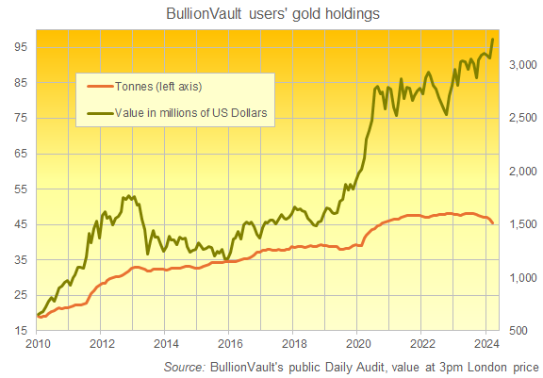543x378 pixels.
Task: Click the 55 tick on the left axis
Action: point(20,189)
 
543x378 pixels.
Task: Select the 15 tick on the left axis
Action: point(20,331)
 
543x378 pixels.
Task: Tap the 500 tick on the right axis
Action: point(525,331)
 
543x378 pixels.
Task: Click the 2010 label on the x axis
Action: point(37,343)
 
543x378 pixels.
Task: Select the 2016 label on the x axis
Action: point(230,343)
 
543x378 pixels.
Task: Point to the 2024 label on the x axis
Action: point(487,343)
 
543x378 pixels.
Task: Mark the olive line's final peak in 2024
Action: point(493,39)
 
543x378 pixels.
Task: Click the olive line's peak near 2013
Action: point(128,195)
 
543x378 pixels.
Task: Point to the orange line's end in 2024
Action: point(492,223)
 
